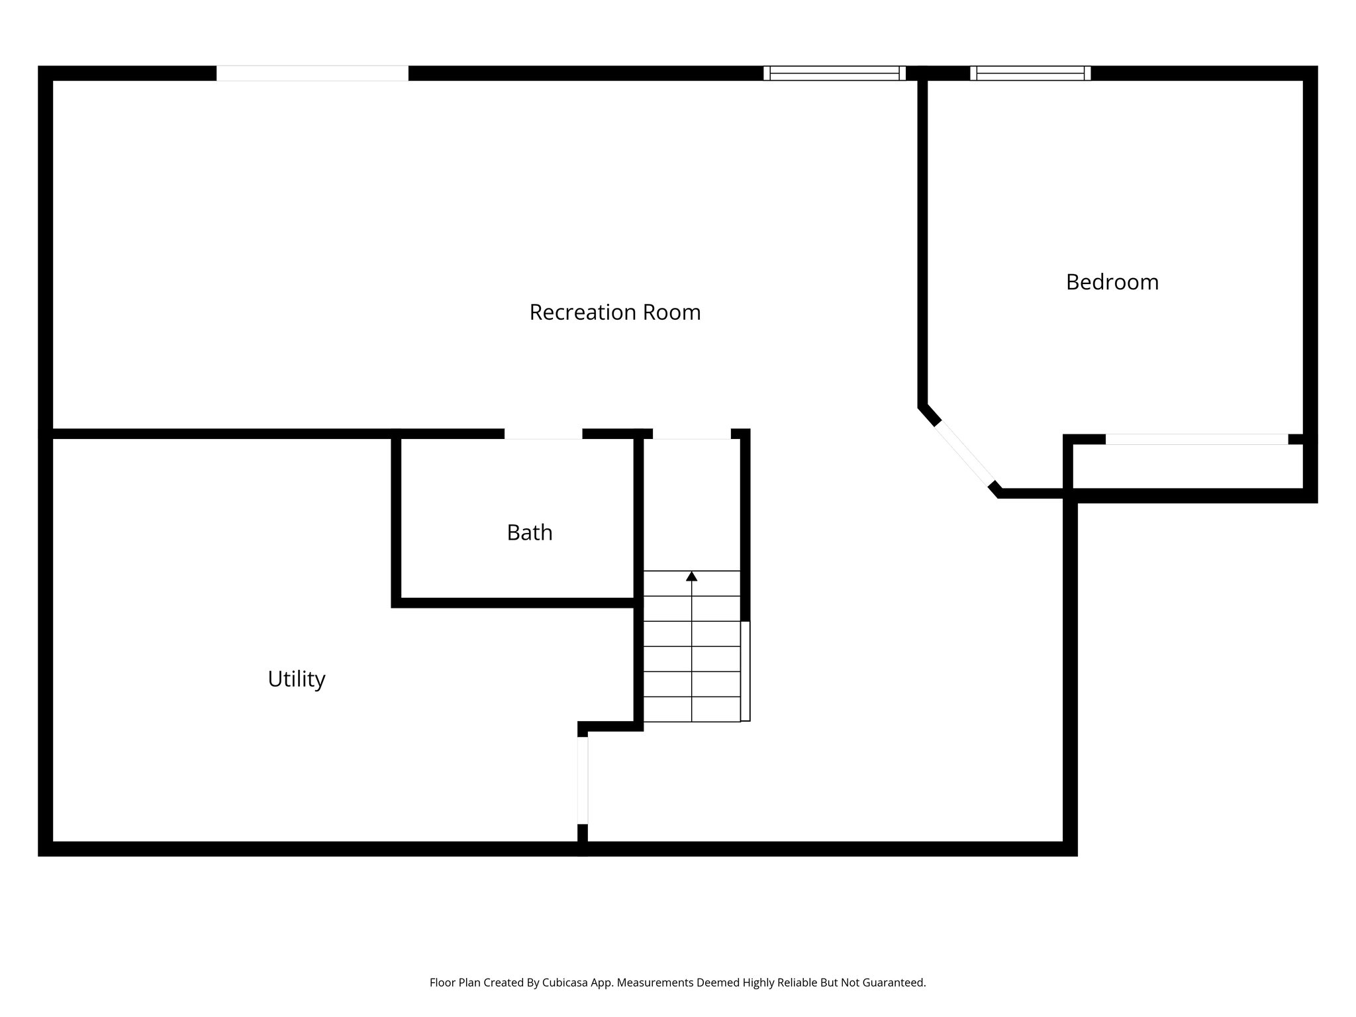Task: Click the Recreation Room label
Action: point(614,312)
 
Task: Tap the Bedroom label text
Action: point(1112,282)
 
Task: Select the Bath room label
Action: point(529,532)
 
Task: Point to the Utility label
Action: point(296,679)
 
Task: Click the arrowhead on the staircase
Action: point(692,576)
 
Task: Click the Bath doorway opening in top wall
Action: point(543,434)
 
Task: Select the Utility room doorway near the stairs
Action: point(583,781)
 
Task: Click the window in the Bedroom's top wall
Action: point(1030,73)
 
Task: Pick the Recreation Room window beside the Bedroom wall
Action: point(834,73)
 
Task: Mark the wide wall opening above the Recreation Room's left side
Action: point(312,73)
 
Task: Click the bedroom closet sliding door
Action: point(1196,439)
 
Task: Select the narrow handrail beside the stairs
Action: point(746,671)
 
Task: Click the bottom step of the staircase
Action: point(692,709)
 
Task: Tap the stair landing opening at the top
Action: point(692,434)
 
